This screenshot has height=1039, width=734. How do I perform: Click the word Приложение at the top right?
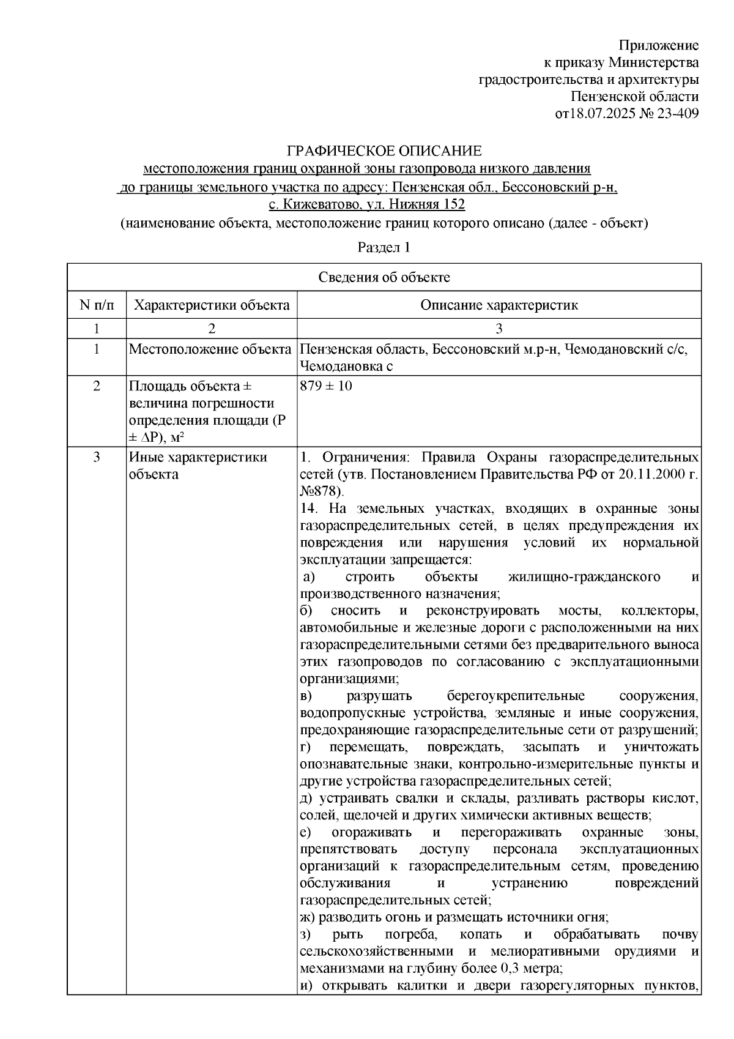point(659,45)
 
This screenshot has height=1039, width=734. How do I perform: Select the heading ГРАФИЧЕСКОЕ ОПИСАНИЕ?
point(385,151)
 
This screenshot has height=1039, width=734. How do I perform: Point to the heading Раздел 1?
point(384,248)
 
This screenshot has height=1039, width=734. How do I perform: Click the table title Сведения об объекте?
point(384,277)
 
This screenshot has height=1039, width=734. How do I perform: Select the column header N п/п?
point(96,305)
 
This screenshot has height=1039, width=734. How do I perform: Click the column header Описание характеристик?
point(499,305)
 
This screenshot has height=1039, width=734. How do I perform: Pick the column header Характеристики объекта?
point(212,305)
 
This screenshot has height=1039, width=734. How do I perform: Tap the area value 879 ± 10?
point(326,386)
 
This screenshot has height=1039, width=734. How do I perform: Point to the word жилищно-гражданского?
point(584,577)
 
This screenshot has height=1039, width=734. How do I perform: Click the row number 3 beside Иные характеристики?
point(96,458)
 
